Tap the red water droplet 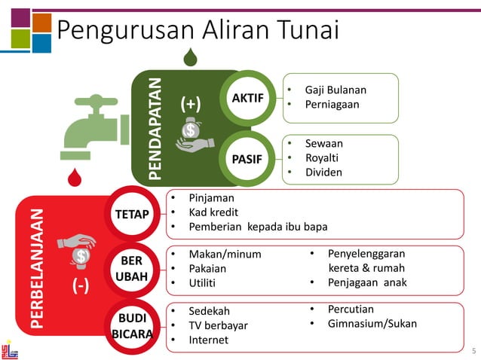(x=74, y=178)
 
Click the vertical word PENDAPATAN (x=155, y=128)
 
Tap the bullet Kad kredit (x=210, y=212)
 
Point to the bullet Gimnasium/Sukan (x=372, y=325)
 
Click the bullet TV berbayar (x=218, y=325)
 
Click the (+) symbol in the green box (x=191, y=102)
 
